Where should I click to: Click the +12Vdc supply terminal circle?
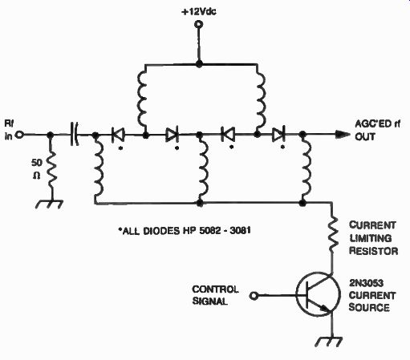click(198, 25)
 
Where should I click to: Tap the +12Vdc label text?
click(199, 12)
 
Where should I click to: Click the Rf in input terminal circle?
click(19, 135)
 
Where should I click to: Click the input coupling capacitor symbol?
click(75, 135)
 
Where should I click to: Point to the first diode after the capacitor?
click(118, 135)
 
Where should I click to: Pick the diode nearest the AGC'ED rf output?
click(278, 135)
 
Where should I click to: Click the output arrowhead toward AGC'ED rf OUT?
click(343, 135)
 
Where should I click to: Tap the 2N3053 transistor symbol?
click(319, 295)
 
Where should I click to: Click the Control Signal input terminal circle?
click(254, 296)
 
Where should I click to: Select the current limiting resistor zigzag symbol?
click(332, 233)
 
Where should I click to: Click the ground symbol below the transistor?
click(329, 342)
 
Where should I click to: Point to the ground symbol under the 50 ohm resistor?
click(50, 204)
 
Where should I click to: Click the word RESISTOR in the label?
click(374, 251)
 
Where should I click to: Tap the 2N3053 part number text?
click(366, 283)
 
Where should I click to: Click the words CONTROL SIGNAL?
click(215, 295)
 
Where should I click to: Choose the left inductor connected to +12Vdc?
click(142, 99)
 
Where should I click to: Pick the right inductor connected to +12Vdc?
click(261, 99)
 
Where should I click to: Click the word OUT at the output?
click(365, 136)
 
